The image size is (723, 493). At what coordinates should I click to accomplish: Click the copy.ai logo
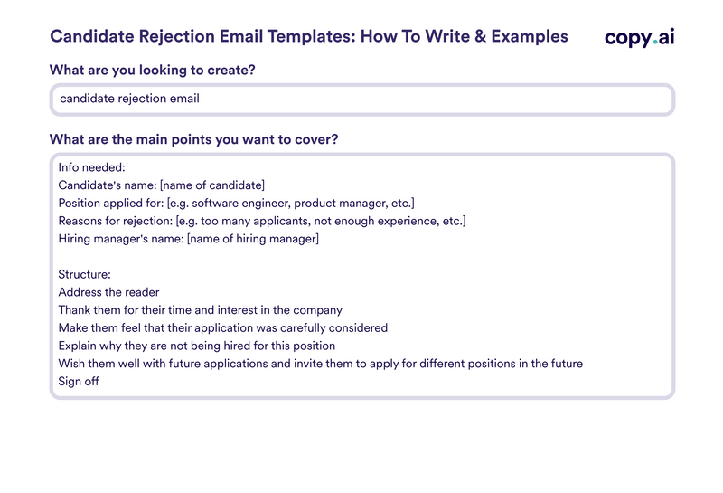pos(639,37)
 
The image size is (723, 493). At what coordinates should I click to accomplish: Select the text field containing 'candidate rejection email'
pos(361,100)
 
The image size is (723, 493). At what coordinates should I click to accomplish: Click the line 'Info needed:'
pos(91,167)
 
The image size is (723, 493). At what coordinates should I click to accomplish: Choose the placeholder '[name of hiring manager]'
pos(252,239)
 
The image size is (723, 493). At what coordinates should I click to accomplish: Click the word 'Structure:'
pos(84,274)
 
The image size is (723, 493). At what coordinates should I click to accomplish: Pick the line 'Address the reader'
pos(108,292)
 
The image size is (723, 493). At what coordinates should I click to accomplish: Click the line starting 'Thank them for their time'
pos(200,310)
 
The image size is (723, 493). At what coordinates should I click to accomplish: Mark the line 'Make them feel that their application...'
pos(222,327)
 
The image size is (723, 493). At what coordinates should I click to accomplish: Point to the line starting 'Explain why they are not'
pos(196,346)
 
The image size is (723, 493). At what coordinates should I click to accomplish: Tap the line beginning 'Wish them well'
pos(320,364)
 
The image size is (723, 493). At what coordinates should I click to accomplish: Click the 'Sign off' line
pos(79,382)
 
